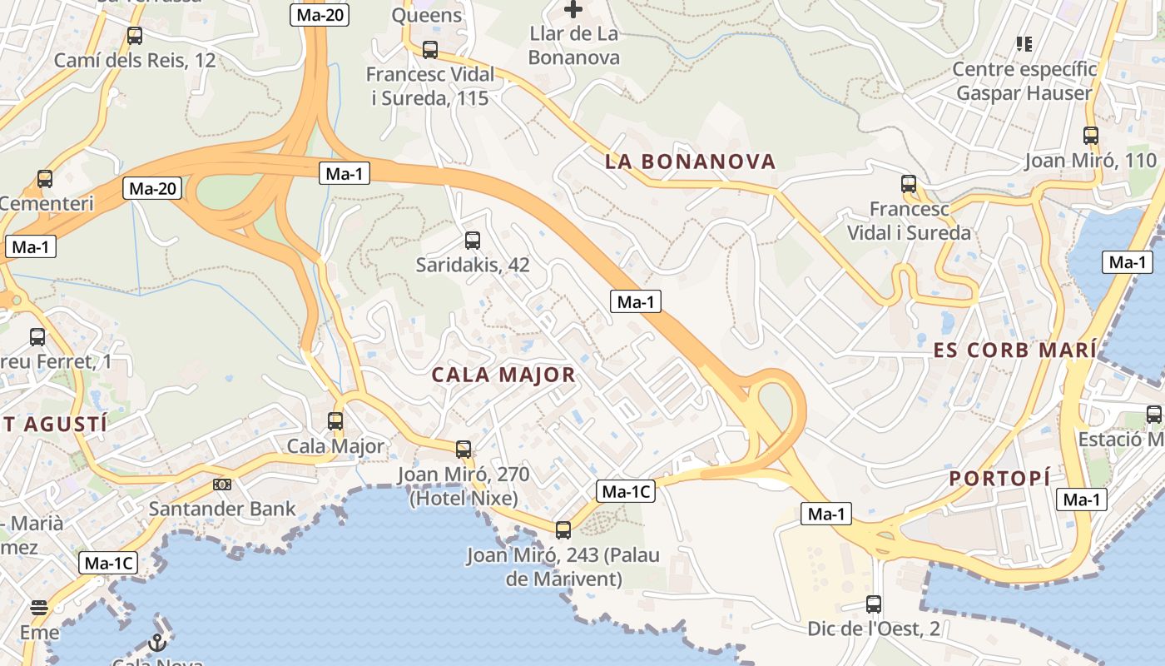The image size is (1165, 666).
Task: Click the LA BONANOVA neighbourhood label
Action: (690, 162)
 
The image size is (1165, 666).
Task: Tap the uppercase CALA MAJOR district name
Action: (503, 375)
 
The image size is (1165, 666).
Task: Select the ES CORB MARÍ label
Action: (1014, 350)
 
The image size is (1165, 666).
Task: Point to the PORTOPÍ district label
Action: (999, 479)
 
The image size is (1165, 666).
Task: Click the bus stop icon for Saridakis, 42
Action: (473, 241)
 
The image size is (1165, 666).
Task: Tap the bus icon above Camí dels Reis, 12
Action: (135, 36)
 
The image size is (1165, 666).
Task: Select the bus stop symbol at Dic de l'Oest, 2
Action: (874, 604)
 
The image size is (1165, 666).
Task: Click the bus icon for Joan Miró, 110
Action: (1091, 136)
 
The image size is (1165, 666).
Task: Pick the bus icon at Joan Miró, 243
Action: (563, 529)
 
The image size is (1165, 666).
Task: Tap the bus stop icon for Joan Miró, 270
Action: (464, 450)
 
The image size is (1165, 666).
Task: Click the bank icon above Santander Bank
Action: (222, 484)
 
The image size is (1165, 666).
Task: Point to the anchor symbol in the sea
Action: (157, 642)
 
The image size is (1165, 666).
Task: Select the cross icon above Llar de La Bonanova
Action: (573, 10)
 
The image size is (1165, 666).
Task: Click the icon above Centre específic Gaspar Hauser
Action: (1024, 43)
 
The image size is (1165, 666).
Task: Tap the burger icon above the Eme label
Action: (39, 607)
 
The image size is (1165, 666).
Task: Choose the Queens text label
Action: (426, 15)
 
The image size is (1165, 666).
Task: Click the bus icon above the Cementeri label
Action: (45, 179)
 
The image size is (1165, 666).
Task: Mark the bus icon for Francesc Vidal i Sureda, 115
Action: (430, 50)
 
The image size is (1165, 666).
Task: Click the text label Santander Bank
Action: (222, 509)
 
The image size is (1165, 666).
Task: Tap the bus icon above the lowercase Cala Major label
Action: (335, 421)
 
